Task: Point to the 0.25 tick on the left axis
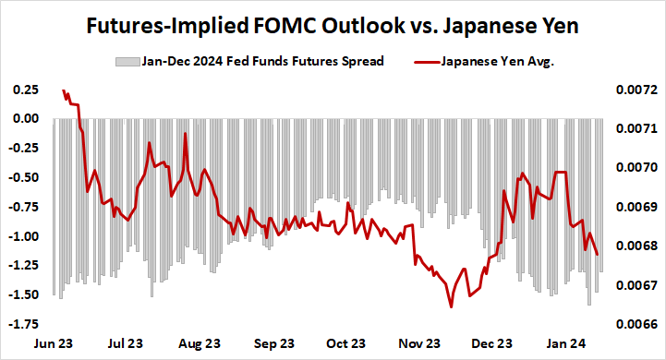25,90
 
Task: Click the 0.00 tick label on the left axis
25,118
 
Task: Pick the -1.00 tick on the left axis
23,236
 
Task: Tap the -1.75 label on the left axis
23,324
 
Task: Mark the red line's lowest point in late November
451,306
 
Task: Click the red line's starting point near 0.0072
63,90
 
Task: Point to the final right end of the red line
598,255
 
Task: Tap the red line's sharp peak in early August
186,134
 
